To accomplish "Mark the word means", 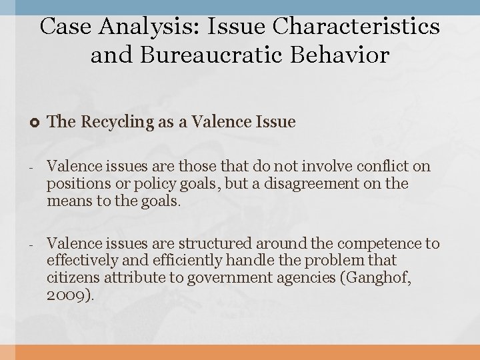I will tap(67, 200).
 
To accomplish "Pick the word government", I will tap(223, 278).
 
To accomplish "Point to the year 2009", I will tap(67, 295).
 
